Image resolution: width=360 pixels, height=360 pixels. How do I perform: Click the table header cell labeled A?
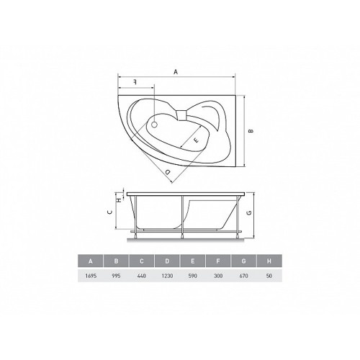(91, 261)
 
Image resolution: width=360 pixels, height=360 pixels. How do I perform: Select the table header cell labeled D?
(167, 261)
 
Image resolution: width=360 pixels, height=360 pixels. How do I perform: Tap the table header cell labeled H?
(269, 261)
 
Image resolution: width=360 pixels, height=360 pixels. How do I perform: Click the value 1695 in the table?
(91, 276)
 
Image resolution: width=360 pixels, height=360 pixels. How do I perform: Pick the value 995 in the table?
(116, 276)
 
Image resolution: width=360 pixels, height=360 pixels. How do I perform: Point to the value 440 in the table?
(142, 276)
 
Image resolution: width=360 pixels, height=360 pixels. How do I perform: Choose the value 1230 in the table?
(167, 276)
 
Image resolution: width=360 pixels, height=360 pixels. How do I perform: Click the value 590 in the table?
(193, 276)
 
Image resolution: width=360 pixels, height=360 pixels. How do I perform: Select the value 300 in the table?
(218, 276)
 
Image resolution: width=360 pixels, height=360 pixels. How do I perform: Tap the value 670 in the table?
(243, 276)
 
